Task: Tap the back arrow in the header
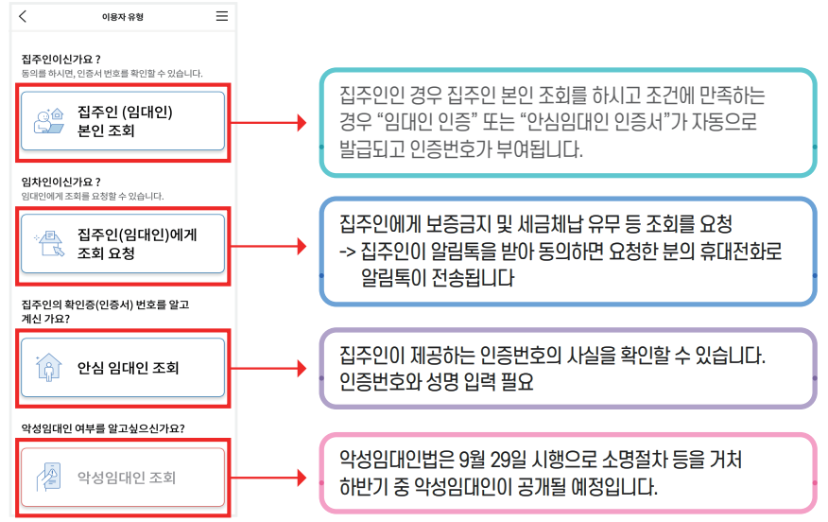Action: tap(23, 17)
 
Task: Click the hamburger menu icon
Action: tap(221, 17)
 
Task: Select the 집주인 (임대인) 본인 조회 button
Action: tap(123, 121)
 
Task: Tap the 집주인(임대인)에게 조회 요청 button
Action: tap(123, 243)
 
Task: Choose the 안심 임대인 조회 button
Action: tap(123, 368)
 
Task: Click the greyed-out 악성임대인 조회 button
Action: tap(123, 478)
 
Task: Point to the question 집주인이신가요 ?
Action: tap(60, 59)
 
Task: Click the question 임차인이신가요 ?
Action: tap(60, 182)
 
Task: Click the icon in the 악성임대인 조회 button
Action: tap(46, 478)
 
